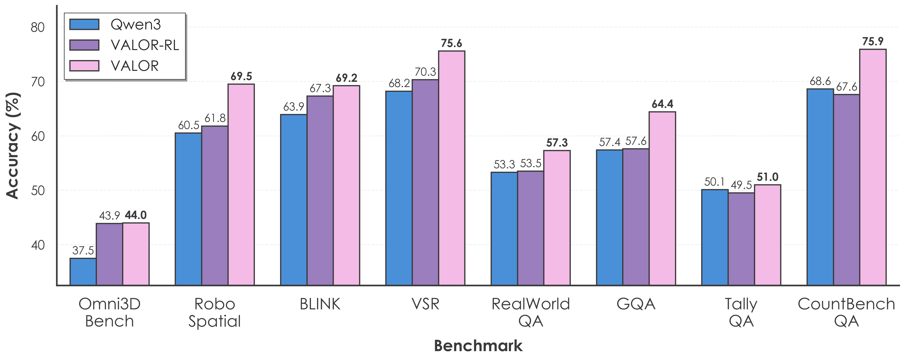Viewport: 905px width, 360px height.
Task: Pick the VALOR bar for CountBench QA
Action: [x=873, y=167]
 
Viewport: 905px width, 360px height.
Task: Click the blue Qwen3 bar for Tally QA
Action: [x=715, y=237]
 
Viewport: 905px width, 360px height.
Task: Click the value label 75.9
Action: [x=873, y=41]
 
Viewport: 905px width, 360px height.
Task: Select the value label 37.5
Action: [x=83, y=250]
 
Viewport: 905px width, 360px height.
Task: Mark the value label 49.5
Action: [x=741, y=185]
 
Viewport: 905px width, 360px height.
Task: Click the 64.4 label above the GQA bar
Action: [x=662, y=104]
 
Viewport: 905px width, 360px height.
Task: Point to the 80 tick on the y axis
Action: [x=38, y=27]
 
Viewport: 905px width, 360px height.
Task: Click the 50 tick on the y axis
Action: [x=38, y=191]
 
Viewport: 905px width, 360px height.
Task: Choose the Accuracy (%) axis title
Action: [x=13, y=146]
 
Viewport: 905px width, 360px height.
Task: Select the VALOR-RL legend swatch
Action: [x=84, y=45]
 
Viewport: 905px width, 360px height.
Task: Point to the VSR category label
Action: [x=426, y=304]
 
